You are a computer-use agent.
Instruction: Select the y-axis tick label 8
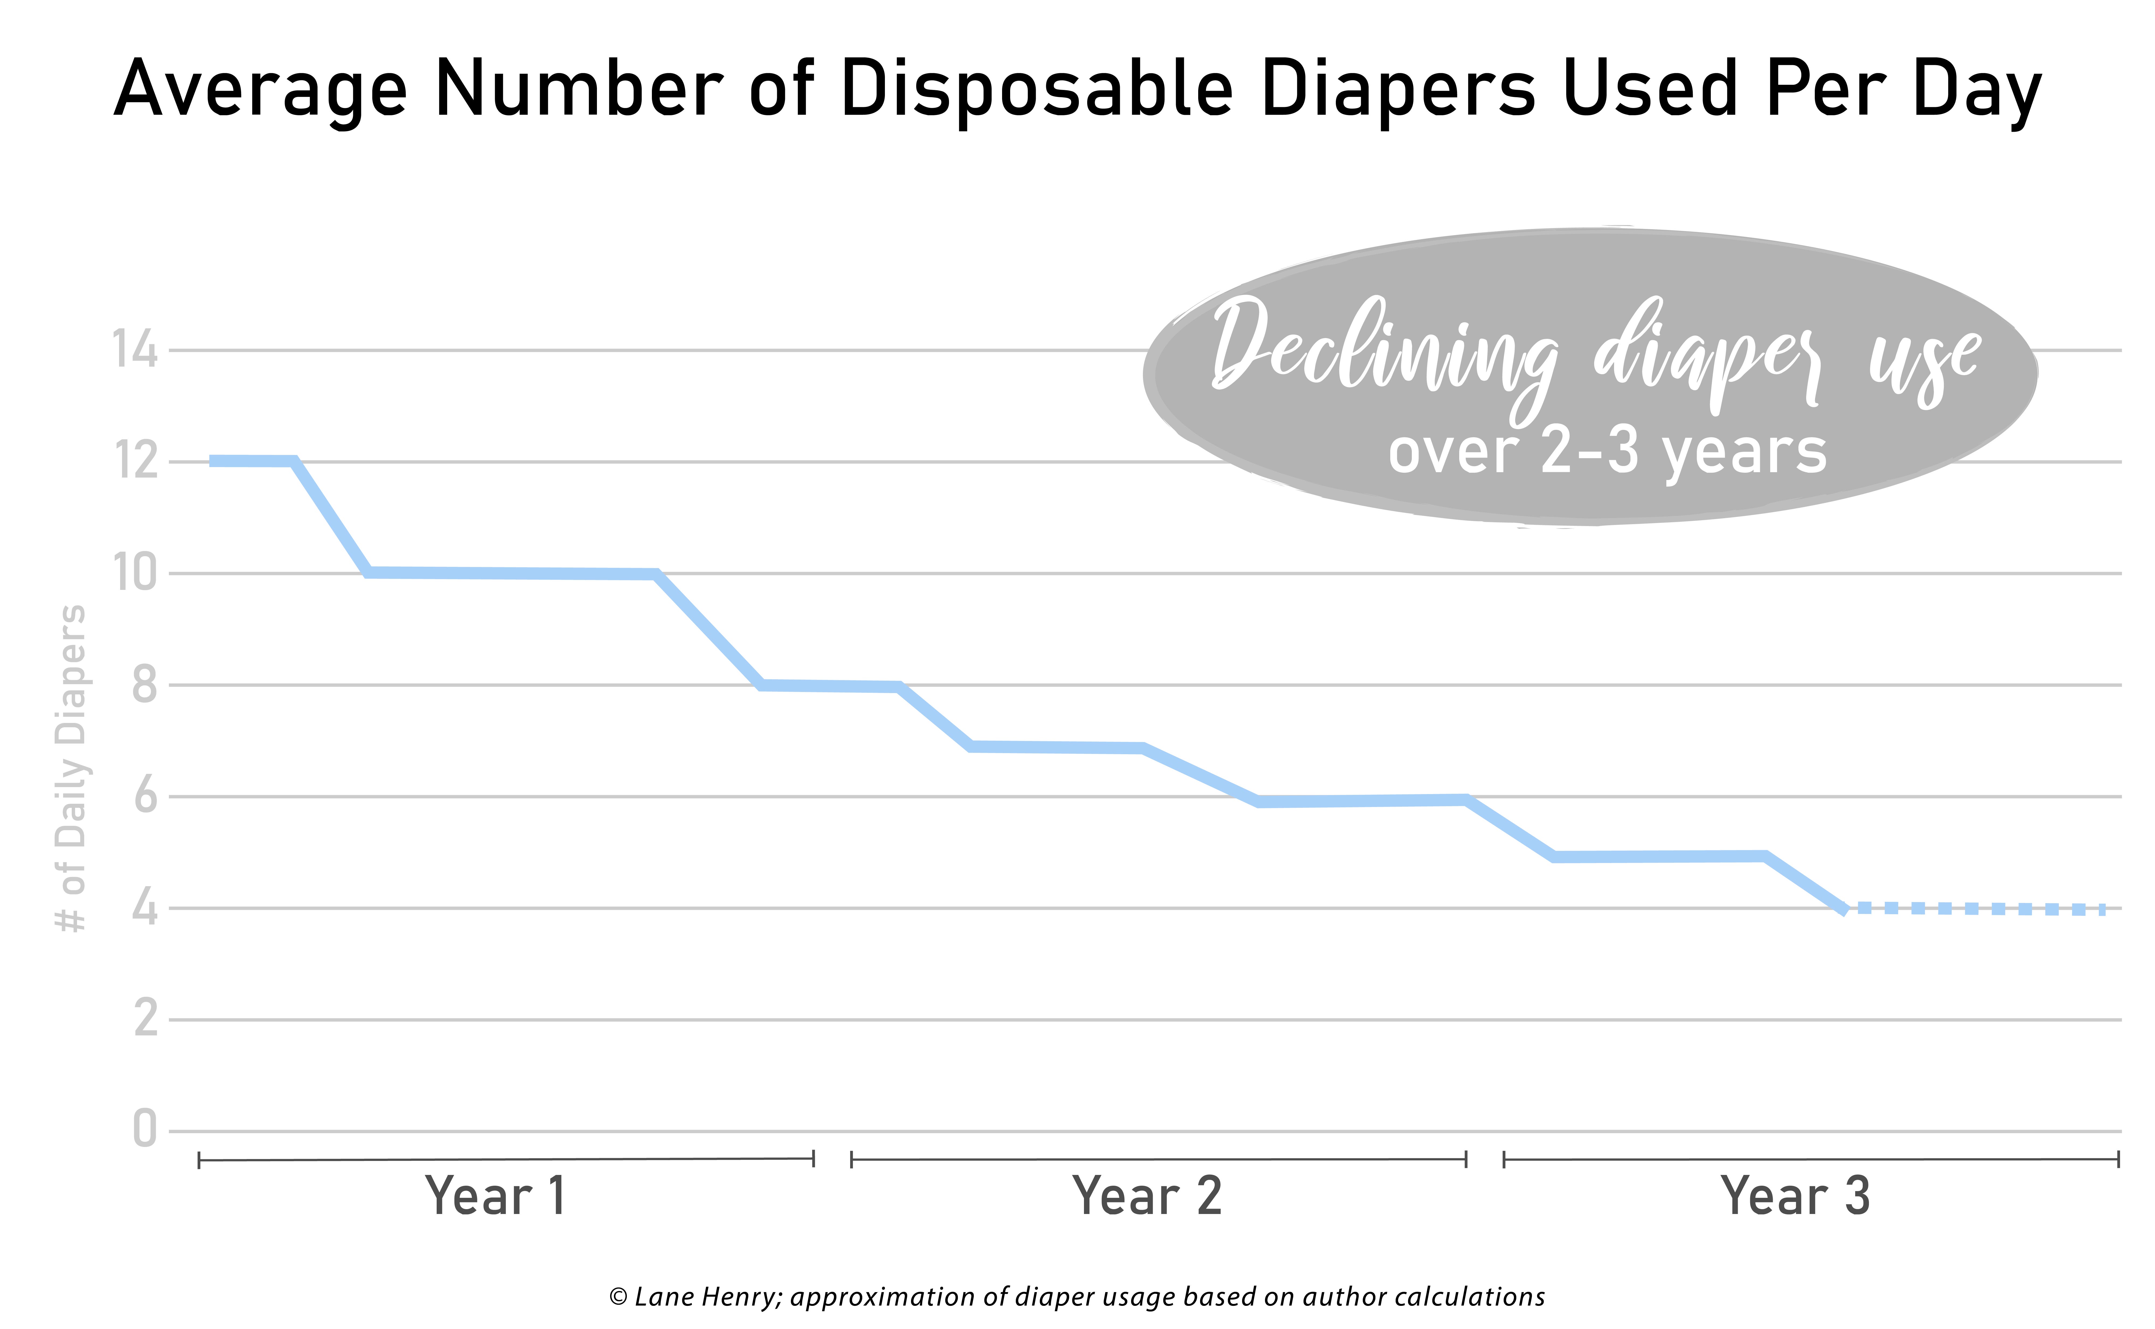tap(145, 685)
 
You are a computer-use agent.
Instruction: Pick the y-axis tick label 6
tap(145, 796)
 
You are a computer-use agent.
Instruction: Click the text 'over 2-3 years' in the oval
tap(1607, 452)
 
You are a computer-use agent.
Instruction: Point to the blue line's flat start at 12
tap(252, 461)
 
